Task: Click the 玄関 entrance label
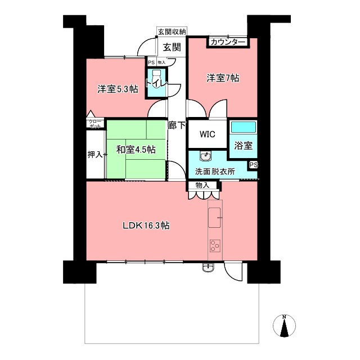coord(172,47)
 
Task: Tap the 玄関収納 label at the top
coord(172,31)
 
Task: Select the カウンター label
coord(227,42)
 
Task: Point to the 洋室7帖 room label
coord(223,78)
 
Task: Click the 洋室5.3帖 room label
coord(118,89)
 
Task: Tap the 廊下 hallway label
coord(177,125)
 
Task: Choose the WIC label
coord(208,134)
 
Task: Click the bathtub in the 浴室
coord(243,127)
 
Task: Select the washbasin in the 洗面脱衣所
coord(206,156)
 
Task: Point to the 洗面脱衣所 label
coord(215,172)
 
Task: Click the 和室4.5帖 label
coord(136,150)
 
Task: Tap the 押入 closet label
coord(95,155)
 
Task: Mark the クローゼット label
coord(95,124)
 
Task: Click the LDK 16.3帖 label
coord(146,226)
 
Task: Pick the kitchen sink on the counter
coord(214,218)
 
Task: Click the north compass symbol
coord(284,325)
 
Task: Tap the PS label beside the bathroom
coord(254,165)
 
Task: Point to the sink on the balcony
coord(208,268)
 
